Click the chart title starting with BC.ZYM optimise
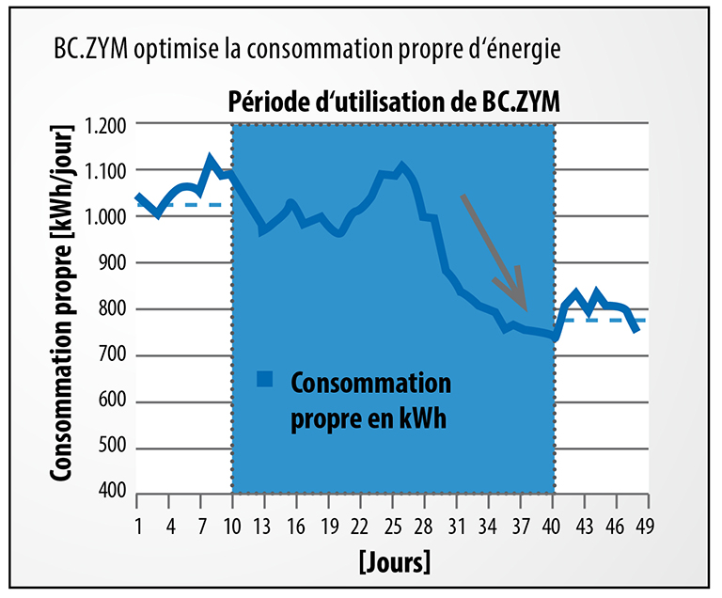(306, 50)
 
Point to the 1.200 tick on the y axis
(105, 124)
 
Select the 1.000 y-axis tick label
(105, 217)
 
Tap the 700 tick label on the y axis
(113, 356)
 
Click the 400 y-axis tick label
(113, 493)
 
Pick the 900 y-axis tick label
(113, 263)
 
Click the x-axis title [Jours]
(394, 562)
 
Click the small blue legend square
(265, 379)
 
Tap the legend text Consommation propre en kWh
(369, 401)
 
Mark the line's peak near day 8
(211, 161)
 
